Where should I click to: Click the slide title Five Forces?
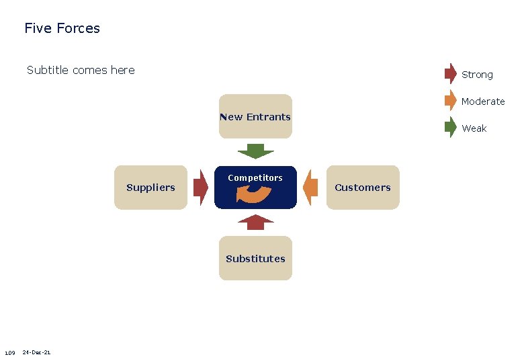pyautogui.click(x=62, y=28)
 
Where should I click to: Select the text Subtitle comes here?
pyautogui.click(x=81, y=70)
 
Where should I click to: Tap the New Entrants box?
pyautogui.click(x=255, y=116)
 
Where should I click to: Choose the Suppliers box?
pyautogui.click(x=150, y=188)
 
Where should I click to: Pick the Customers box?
pyautogui.click(x=363, y=188)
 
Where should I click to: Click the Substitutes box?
pyautogui.click(x=255, y=258)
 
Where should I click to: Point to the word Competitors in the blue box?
pyautogui.click(x=255, y=177)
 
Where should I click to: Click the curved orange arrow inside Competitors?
pyautogui.click(x=254, y=194)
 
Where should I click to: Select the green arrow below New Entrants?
pyautogui.click(x=255, y=151)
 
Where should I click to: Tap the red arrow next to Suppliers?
pyautogui.click(x=200, y=187)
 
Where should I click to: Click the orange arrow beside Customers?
pyautogui.click(x=310, y=187)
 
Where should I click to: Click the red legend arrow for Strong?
pyautogui.click(x=451, y=73)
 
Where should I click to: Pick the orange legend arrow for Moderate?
pyautogui.click(x=451, y=100)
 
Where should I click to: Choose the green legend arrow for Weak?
pyautogui.click(x=451, y=127)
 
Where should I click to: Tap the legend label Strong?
pyautogui.click(x=477, y=75)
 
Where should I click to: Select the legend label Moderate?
pyautogui.click(x=483, y=102)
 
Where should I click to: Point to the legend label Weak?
pyautogui.click(x=474, y=128)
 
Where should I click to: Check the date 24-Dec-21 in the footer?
pyautogui.click(x=36, y=352)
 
